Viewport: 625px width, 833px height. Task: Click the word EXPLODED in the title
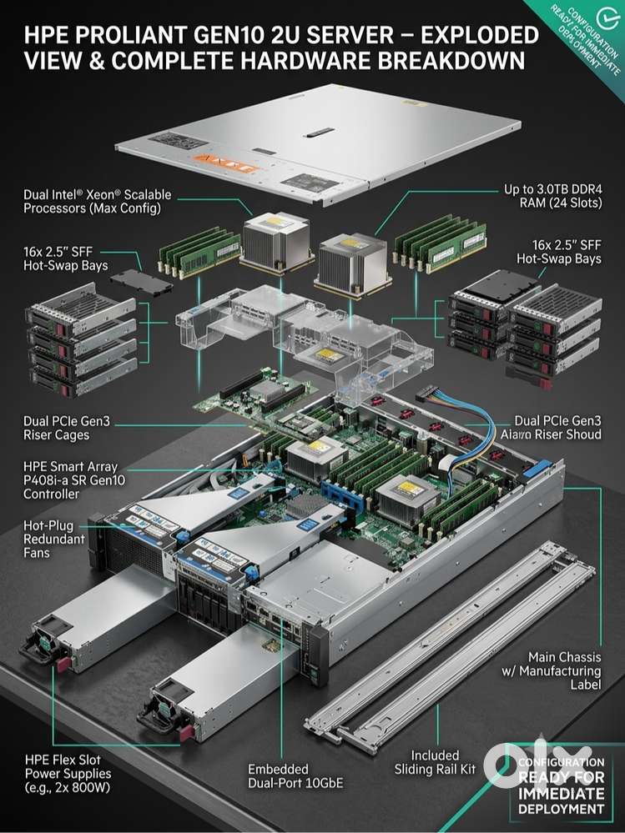(479, 36)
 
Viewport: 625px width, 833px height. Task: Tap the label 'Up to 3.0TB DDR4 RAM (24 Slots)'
(552, 196)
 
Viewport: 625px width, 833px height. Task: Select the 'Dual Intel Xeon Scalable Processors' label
(98, 201)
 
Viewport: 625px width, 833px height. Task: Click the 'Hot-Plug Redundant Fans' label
(54, 539)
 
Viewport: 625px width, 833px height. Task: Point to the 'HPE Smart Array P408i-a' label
(74, 480)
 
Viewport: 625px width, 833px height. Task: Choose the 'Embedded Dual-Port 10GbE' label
(295, 776)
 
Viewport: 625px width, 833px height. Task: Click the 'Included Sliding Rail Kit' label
(435, 762)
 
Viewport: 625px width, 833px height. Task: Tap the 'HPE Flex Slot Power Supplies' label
(68, 774)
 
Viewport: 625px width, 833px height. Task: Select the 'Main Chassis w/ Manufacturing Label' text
(552, 671)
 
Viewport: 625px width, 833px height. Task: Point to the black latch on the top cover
(319, 132)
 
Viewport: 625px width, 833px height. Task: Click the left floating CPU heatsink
(275, 241)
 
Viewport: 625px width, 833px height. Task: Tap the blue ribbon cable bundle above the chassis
(467, 425)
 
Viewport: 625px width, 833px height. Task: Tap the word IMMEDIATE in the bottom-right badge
(562, 794)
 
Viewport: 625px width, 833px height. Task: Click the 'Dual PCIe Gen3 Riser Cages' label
(67, 428)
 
